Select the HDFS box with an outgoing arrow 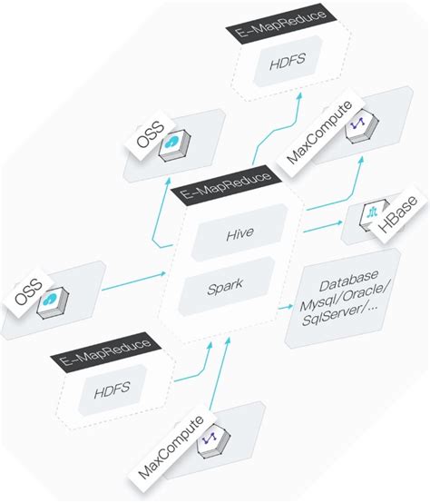pyautogui.click(x=111, y=389)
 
